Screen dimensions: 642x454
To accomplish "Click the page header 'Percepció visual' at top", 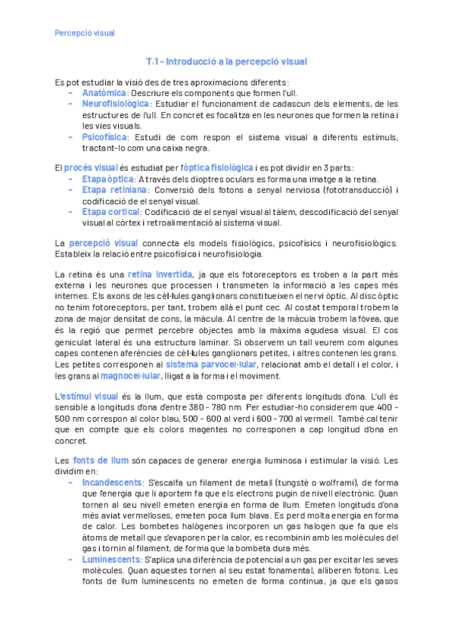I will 85,33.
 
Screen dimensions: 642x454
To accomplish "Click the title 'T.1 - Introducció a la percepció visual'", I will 227,61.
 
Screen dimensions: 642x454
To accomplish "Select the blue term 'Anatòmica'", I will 105,92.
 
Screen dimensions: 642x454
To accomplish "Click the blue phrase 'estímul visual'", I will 89,395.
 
